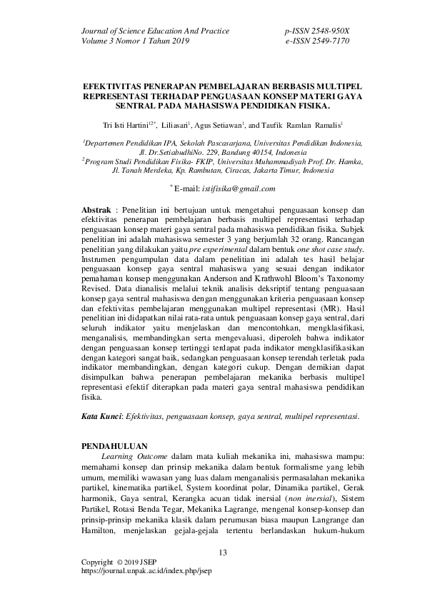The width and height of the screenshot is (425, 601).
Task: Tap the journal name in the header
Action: pos(156,31)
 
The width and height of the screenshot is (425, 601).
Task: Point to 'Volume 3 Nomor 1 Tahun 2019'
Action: pos(136,41)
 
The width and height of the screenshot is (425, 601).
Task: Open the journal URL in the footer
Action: pos(147,571)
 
